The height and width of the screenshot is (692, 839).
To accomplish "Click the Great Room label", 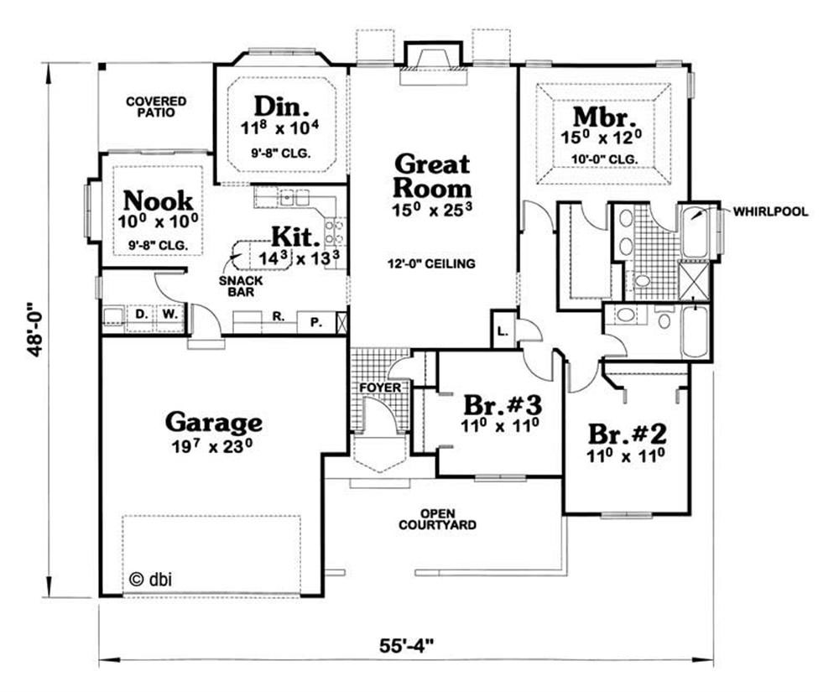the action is [432, 176].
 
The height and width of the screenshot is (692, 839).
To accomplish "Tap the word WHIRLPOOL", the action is [770, 211].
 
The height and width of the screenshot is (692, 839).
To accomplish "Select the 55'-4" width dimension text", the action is [406, 646].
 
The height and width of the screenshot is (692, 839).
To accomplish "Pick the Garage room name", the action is [214, 422].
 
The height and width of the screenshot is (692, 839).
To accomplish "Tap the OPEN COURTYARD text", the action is [437, 519].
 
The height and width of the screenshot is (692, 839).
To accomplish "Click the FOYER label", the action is [380, 388].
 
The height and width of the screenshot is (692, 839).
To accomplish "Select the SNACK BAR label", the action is [241, 286].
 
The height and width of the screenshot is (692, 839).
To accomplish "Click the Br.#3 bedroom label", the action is [503, 405].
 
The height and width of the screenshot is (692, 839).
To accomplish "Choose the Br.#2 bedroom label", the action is [627, 434].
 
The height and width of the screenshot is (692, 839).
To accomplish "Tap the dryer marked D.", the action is [141, 315].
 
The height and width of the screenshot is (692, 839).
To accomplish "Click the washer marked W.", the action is [169, 315].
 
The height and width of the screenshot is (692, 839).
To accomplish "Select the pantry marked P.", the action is [316, 322].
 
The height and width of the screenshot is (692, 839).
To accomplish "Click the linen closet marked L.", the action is [502, 331].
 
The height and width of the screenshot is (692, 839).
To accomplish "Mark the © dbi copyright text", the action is [151, 579].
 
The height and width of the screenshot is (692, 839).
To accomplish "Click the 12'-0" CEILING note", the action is [432, 263].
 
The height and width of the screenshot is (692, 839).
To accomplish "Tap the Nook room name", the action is [158, 201].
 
